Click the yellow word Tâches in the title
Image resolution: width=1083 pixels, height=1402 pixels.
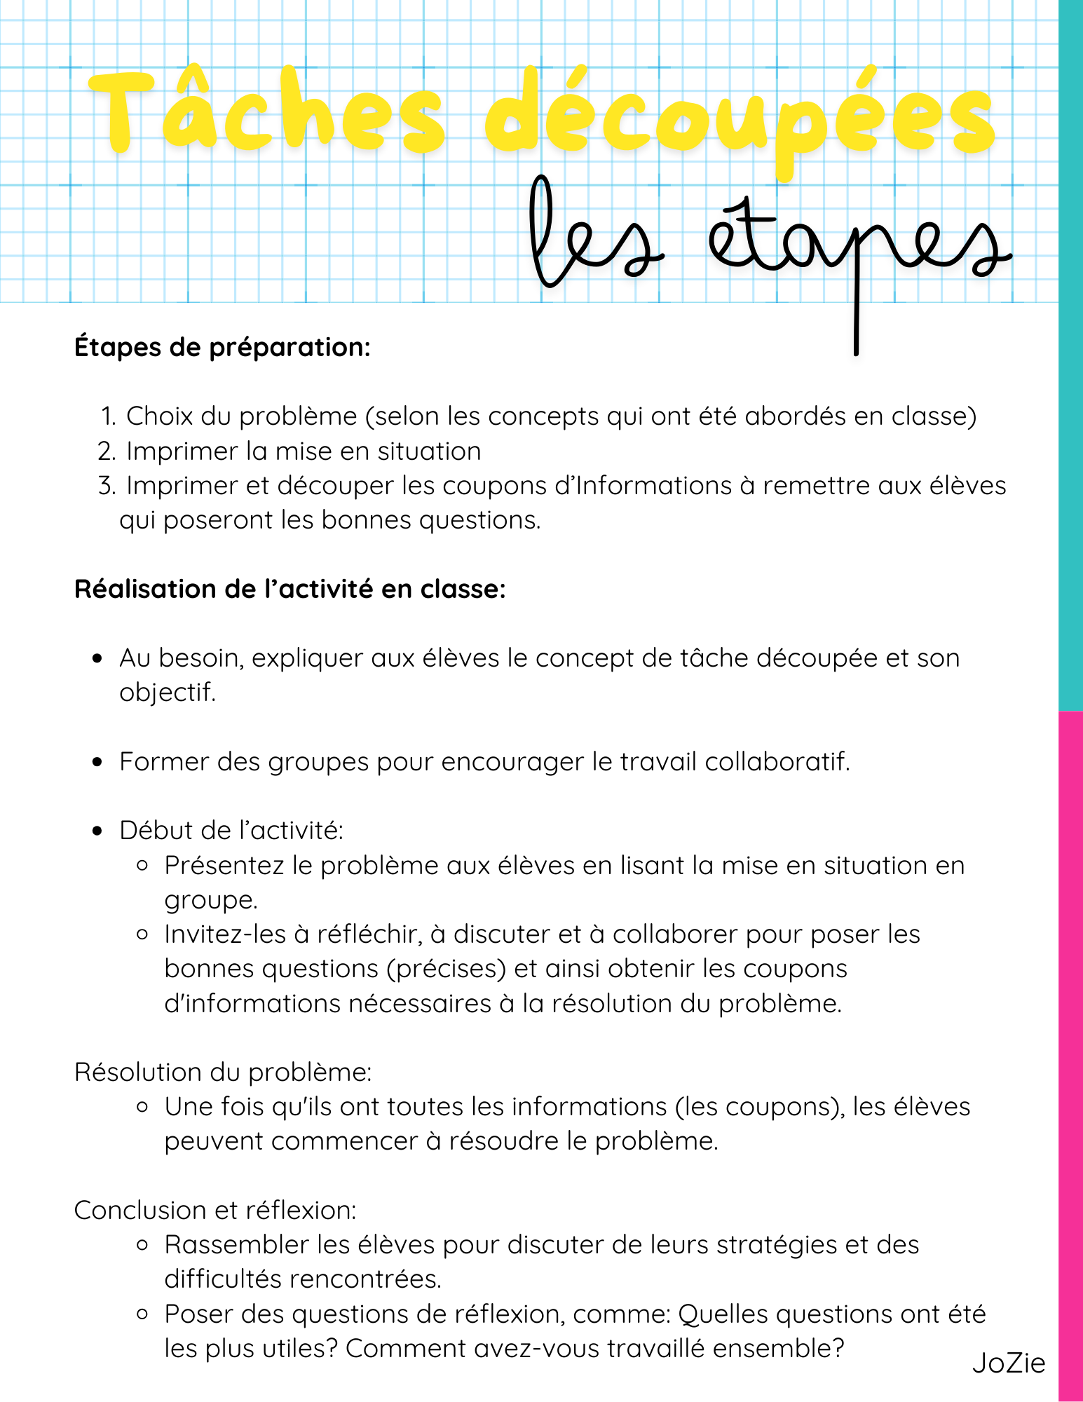(266, 112)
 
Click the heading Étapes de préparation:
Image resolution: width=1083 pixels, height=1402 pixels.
(222, 347)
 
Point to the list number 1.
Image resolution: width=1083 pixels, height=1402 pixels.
(108, 416)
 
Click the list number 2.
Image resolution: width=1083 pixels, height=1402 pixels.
(107, 451)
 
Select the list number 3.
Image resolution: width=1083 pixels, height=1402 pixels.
(107, 486)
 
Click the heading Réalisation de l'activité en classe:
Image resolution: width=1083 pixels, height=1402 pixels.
(290, 589)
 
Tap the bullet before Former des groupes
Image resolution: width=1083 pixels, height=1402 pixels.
(97, 762)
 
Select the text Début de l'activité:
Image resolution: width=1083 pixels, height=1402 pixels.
(231, 831)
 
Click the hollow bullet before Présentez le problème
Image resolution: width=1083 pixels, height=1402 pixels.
(142, 866)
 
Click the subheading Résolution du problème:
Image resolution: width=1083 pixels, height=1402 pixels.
(223, 1072)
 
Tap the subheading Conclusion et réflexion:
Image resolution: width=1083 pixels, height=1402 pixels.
(215, 1210)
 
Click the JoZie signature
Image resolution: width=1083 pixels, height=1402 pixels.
(1008, 1363)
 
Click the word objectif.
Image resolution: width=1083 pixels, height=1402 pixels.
(167, 693)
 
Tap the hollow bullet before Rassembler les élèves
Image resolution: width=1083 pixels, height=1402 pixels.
(142, 1245)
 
